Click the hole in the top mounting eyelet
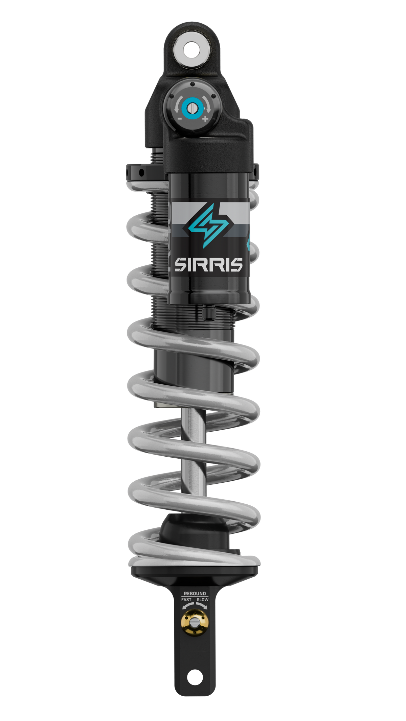click(192, 50)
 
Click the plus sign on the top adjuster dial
click(205, 119)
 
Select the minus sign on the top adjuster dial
click(180, 119)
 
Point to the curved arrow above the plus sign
click(207, 103)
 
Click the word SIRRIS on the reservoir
click(208, 265)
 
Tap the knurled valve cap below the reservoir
click(209, 312)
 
